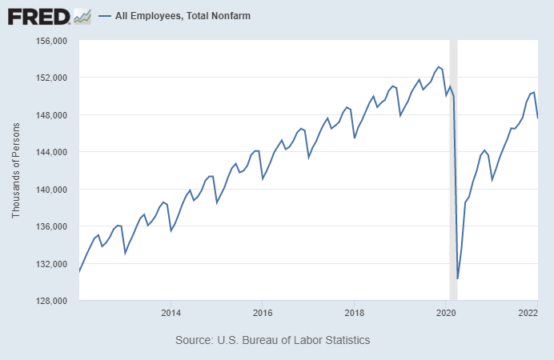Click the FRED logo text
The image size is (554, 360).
[x=38, y=15]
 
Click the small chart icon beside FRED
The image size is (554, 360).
[x=82, y=15]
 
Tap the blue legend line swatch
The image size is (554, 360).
[x=104, y=16]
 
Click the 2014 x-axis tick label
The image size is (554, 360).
[x=171, y=313]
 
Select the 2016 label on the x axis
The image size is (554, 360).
[x=263, y=313]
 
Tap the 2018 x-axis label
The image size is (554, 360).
[x=355, y=313]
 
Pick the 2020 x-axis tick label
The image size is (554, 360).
[x=446, y=313]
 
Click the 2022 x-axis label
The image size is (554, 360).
[x=528, y=313]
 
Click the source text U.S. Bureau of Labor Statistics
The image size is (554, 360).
[x=272, y=340]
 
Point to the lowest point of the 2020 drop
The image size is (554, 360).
[x=457, y=278]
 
